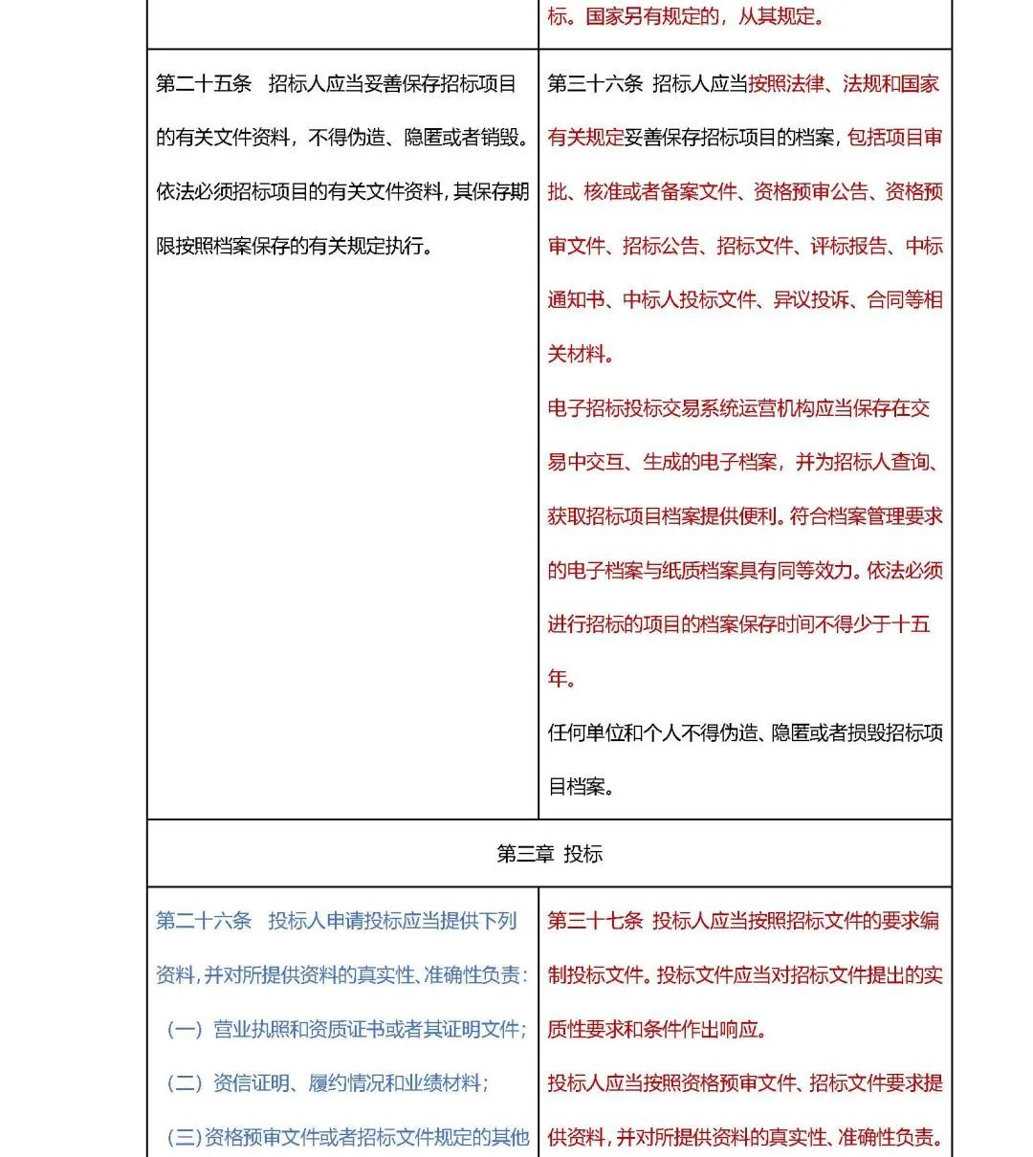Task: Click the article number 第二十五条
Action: tap(204, 84)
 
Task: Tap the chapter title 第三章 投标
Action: tap(549, 854)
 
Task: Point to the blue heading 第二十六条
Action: tap(204, 921)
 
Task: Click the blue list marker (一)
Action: tap(186, 1030)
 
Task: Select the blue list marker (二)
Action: tap(186, 1083)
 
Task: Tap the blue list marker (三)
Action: tap(184, 1138)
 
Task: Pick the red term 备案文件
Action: tap(699, 192)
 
